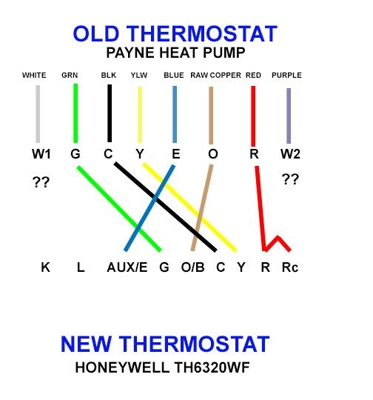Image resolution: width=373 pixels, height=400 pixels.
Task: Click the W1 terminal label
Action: tap(41, 155)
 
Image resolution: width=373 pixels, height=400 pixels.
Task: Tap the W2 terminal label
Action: tap(290, 155)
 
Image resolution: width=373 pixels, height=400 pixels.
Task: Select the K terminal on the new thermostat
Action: tap(45, 267)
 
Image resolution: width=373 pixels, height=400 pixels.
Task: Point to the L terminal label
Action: tap(80, 267)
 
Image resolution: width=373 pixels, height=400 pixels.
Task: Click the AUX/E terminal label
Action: tap(127, 267)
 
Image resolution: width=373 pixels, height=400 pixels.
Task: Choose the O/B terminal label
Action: tap(192, 267)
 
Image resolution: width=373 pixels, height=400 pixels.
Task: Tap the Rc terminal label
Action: tap(290, 267)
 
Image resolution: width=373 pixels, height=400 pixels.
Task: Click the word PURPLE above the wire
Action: tap(286, 75)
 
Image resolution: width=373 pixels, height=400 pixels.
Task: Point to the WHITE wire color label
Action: tap(34, 75)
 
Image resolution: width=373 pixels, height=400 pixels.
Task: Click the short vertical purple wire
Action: tap(289, 115)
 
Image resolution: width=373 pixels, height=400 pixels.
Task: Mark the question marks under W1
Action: tap(41, 181)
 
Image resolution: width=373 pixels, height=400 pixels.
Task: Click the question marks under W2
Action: tap(289, 179)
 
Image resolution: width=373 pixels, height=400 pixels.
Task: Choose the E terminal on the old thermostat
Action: tap(175, 155)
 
